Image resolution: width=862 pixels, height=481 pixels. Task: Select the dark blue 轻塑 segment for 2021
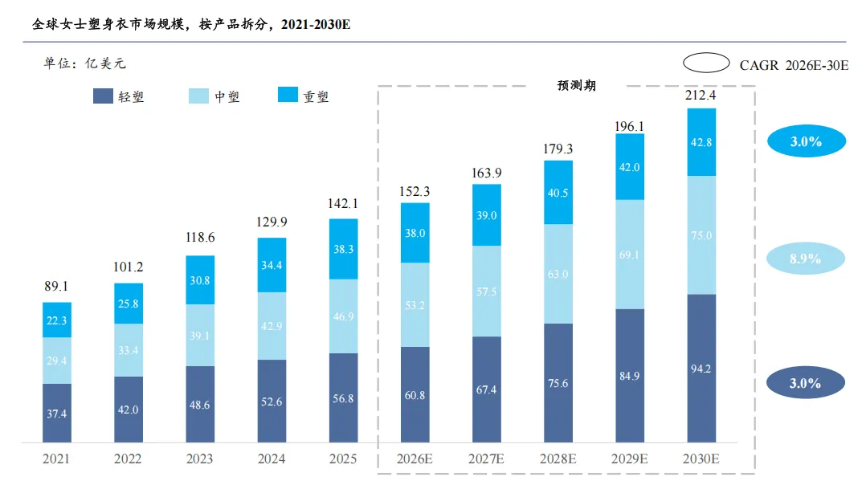click(57, 413)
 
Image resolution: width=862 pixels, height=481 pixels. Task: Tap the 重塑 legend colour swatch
click(288, 95)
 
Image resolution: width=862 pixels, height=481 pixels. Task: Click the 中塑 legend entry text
click(227, 96)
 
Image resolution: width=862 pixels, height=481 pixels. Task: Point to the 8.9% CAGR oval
click(805, 259)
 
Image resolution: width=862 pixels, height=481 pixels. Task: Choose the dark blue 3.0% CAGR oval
click(805, 383)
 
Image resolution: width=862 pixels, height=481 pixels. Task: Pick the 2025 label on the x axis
click(343, 459)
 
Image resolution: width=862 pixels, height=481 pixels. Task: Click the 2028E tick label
click(558, 459)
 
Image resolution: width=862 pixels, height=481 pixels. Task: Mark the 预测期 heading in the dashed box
click(576, 85)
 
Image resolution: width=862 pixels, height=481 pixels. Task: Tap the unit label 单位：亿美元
click(84, 63)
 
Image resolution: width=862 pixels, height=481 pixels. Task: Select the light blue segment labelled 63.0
click(558, 274)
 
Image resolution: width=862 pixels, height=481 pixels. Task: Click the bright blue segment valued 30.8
click(200, 280)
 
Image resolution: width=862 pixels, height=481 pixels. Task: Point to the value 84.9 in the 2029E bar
click(630, 376)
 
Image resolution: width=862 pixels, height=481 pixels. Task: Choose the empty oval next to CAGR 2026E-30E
click(706, 63)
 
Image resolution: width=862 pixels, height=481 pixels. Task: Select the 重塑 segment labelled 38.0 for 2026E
click(415, 233)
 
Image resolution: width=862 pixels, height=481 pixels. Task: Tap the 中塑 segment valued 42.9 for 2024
click(272, 326)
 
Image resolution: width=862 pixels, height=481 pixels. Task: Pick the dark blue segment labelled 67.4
click(487, 389)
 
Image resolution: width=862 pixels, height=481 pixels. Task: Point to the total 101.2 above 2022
click(129, 267)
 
